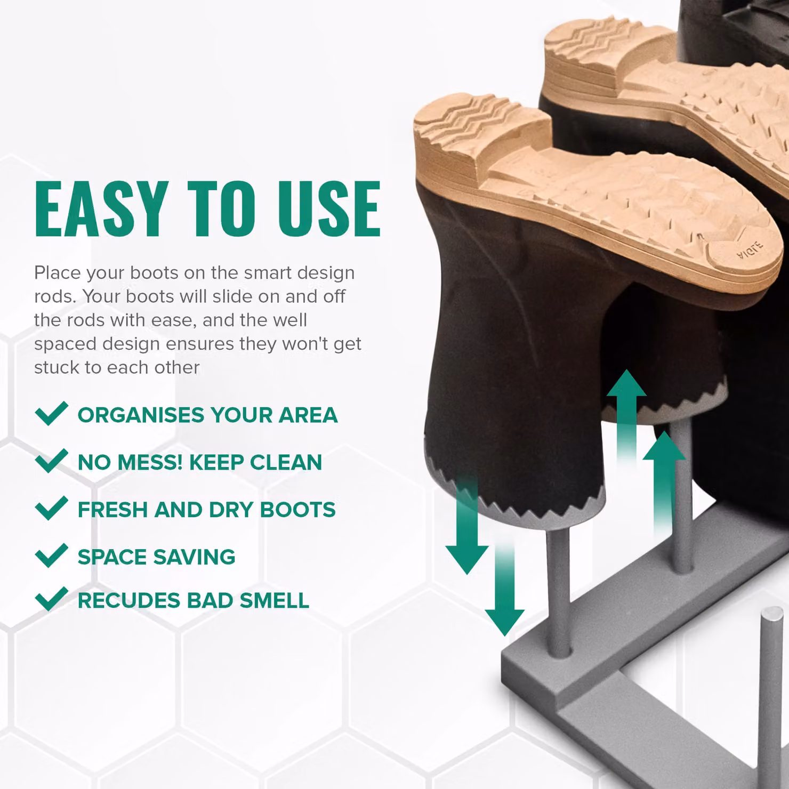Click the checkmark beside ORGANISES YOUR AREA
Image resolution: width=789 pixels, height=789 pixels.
(x=51, y=413)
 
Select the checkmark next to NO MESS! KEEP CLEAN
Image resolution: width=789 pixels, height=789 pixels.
(x=51, y=461)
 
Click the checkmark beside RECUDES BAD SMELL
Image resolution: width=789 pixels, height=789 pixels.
(x=51, y=599)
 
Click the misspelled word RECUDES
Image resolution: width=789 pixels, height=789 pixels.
(x=128, y=600)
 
